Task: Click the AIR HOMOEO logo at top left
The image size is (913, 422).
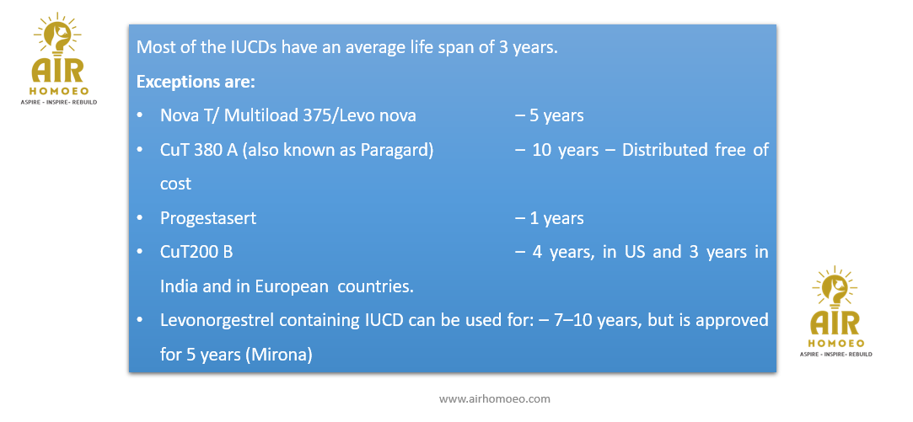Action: coord(57,59)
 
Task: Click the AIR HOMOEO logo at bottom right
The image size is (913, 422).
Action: coord(835,312)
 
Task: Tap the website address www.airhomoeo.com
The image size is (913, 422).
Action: coord(494,398)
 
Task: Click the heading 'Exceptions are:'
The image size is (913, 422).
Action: coord(196,82)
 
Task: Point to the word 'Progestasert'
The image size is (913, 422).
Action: coord(208,219)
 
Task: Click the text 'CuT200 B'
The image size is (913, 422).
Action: coord(197,253)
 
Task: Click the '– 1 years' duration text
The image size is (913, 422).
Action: coord(549,219)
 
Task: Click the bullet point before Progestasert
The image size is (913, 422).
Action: coord(139,219)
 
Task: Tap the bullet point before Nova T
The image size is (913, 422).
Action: coord(139,116)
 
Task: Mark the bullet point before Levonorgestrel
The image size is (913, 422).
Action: coord(139,321)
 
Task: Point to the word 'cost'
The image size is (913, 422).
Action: coord(176,184)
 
